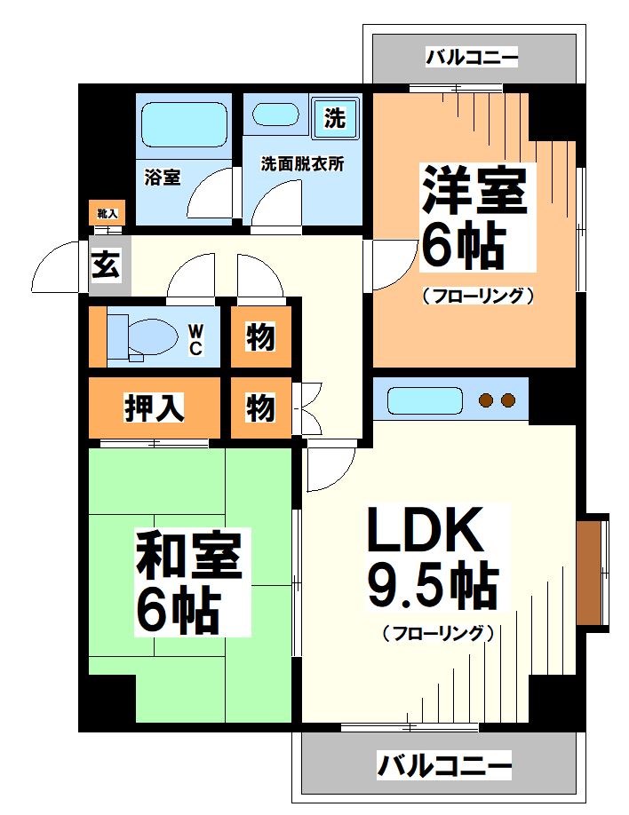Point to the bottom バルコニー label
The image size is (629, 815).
click(x=444, y=764)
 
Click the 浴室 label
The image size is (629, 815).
click(x=163, y=177)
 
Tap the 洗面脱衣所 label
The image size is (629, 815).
click(x=303, y=164)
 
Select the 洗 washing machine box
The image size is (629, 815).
click(x=335, y=118)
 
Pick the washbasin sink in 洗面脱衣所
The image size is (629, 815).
click(x=276, y=116)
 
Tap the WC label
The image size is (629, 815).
click(x=195, y=338)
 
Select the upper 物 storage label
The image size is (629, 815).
click(x=260, y=336)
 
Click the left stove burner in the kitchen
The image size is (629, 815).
click(x=486, y=400)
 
